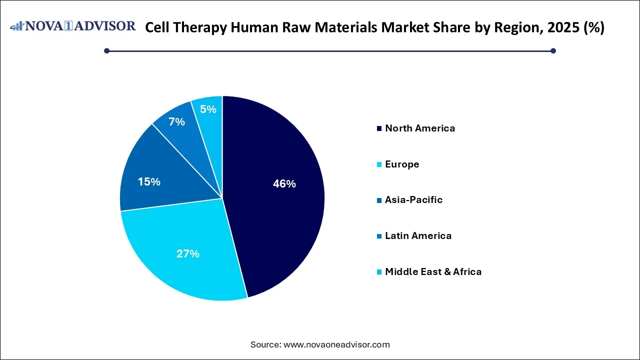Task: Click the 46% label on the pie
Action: click(x=284, y=184)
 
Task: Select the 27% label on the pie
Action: click(x=188, y=254)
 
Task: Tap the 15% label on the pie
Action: click(x=149, y=182)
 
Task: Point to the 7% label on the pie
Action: click(x=176, y=122)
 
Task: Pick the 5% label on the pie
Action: click(x=208, y=109)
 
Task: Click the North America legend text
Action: click(x=420, y=128)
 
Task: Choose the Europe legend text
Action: click(x=402, y=164)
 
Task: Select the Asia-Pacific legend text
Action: click(x=413, y=200)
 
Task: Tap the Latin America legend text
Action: click(x=418, y=236)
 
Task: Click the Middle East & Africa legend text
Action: click(x=433, y=272)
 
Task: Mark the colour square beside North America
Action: click(x=379, y=129)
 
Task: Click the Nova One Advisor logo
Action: click(x=73, y=26)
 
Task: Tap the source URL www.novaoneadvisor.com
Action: click(x=336, y=344)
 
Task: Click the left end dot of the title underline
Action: click(x=106, y=50)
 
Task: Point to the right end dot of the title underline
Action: click(x=553, y=50)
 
